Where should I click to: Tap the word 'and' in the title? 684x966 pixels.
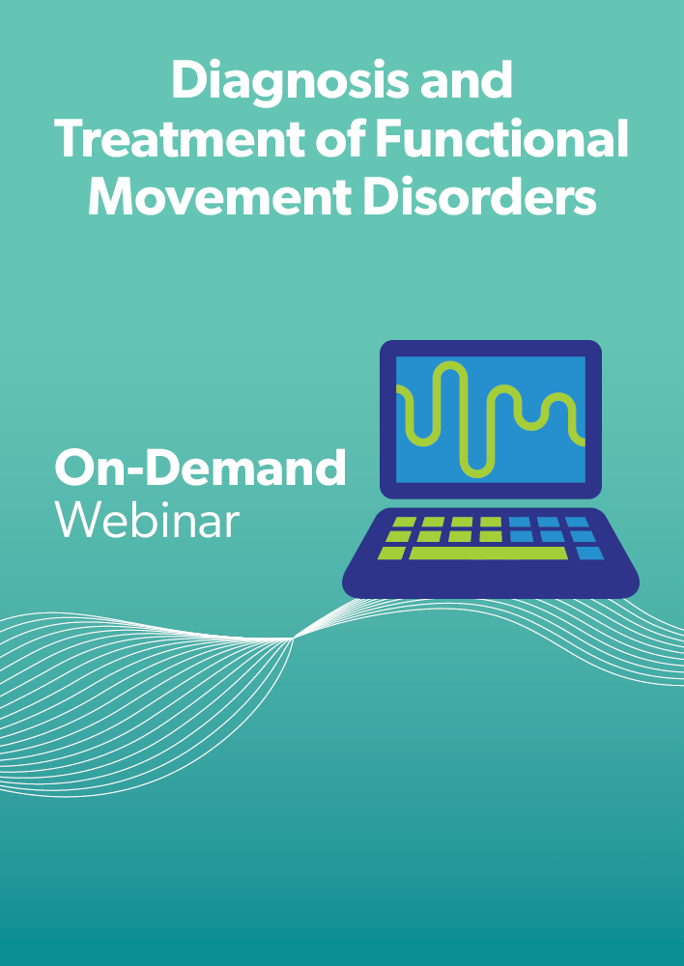click(x=467, y=81)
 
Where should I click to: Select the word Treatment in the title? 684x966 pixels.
click(x=180, y=140)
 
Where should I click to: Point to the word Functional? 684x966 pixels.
click(x=501, y=139)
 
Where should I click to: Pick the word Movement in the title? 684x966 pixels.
click(x=219, y=198)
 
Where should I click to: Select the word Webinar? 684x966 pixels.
click(x=147, y=520)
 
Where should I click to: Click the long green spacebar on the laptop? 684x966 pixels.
click(x=489, y=554)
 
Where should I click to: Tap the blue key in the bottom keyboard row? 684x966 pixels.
click(x=590, y=554)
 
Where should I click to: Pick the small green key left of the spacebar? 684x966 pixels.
click(x=392, y=554)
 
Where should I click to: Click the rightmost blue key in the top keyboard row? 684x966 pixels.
click(x=577, y=522)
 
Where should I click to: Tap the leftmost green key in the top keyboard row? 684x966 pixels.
click(x=404, y=522)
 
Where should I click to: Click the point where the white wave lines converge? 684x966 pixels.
click(x=294, y=639)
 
